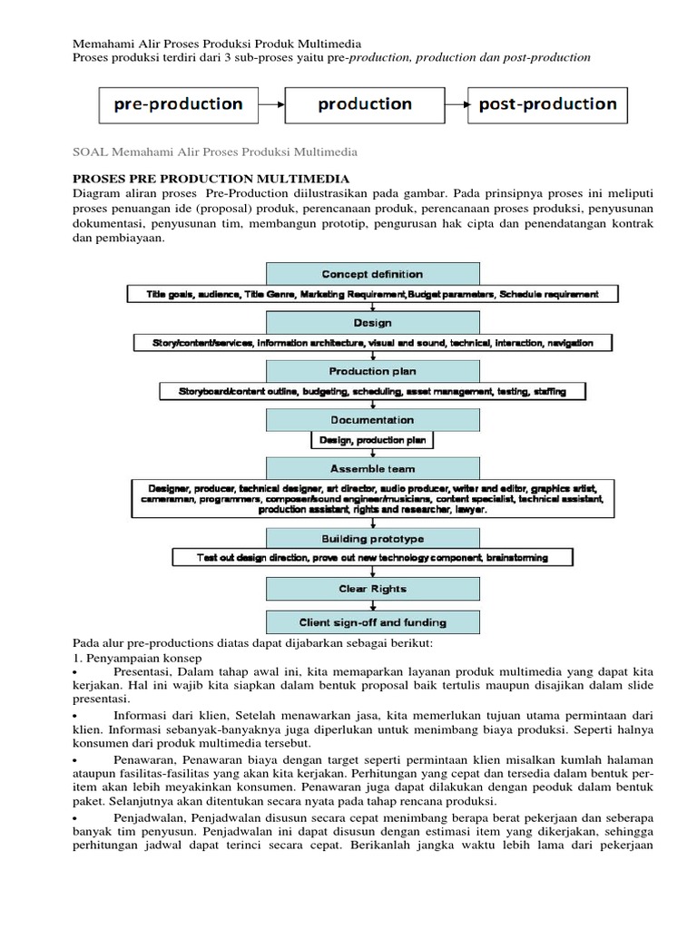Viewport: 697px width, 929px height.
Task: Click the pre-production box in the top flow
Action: [178, 104]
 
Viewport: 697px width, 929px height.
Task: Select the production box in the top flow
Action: [365, 104]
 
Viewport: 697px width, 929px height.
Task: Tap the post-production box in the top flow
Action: [547, 104]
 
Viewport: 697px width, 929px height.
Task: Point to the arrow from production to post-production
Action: [456, 104]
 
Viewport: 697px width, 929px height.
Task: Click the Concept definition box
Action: [372, 273]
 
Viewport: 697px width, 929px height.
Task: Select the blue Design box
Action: [372, 322]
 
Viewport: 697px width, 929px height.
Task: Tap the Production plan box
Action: [372, 371]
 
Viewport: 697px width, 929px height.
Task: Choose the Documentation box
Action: [372, 420]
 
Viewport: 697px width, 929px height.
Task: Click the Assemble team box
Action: [372, 468]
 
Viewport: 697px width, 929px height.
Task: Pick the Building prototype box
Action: [372, 538]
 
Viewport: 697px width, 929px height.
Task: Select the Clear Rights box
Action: [372, 589]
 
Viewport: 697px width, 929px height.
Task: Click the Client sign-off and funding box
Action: [372, 622]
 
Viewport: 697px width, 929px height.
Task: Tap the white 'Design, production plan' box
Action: [372, 440]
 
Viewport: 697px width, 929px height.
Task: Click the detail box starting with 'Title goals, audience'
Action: [372, 294]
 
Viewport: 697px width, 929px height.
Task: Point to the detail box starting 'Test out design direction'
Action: [372, 557]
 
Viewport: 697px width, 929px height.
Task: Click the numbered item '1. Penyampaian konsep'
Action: [138, 656]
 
